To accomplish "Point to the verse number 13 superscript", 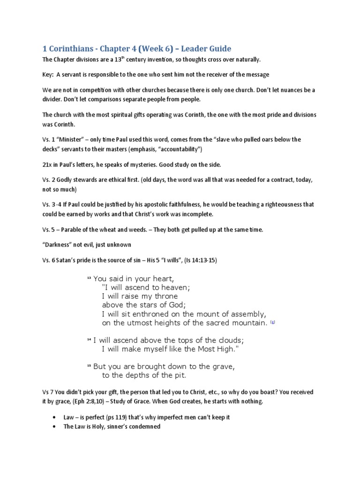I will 89,278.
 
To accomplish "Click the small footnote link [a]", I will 272,322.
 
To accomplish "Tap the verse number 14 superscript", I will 89,340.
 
